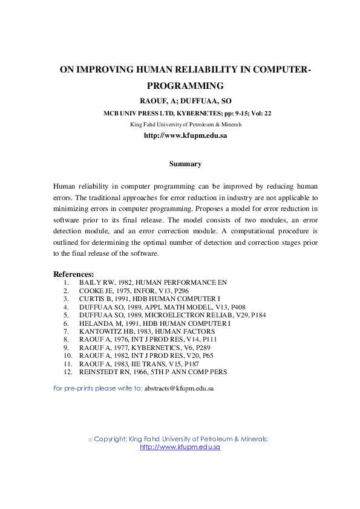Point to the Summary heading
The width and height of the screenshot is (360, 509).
pos(185,164)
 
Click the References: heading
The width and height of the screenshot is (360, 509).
pos(74,274)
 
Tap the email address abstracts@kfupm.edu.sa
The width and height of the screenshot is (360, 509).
pos(178,389)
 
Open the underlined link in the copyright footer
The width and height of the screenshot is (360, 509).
pos(180,447)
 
